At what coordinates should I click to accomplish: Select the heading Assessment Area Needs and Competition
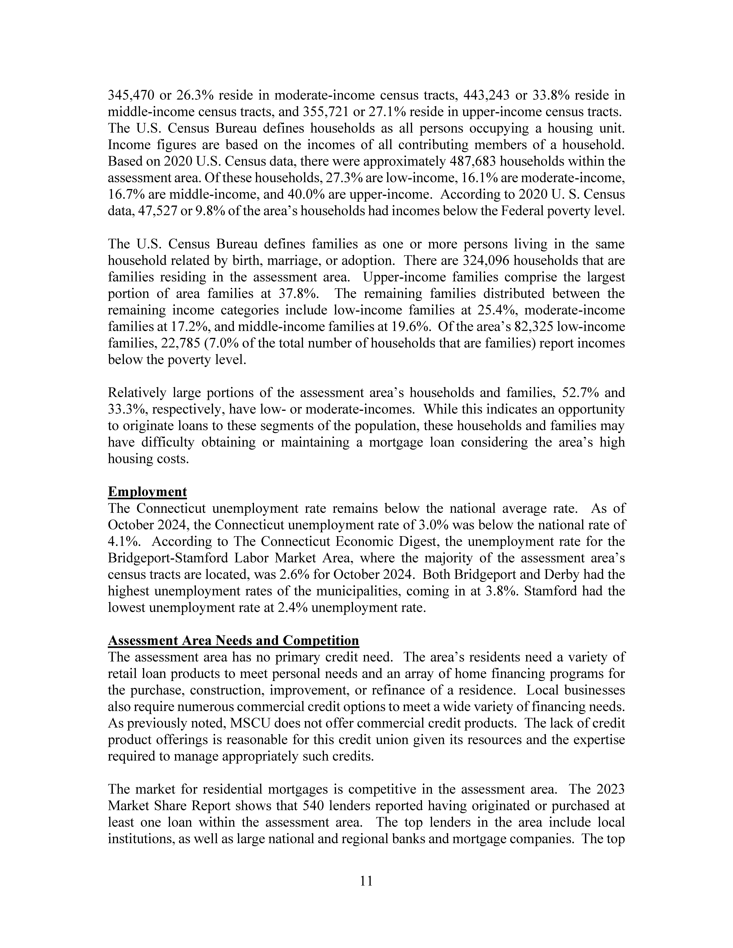[x=233, y=641]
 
